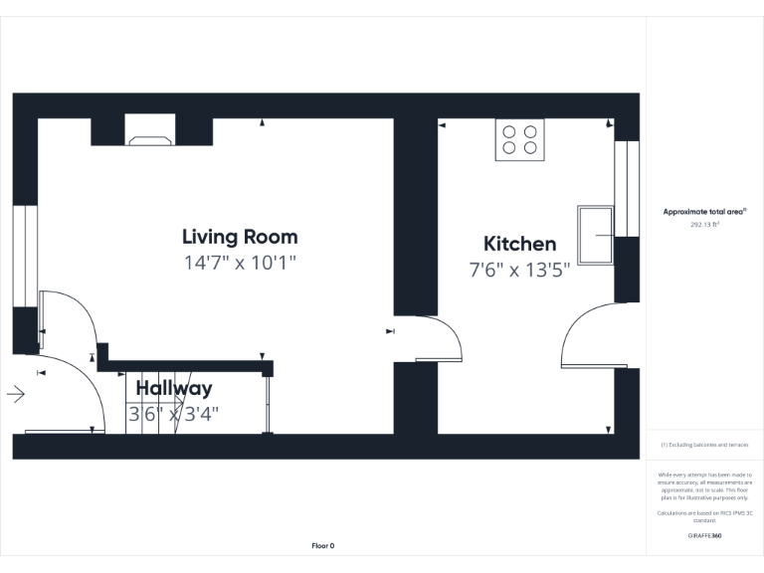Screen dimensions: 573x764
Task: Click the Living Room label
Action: coord(240,237)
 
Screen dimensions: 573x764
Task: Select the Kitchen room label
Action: coord(519,244)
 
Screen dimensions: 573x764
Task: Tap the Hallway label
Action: coord(174,388)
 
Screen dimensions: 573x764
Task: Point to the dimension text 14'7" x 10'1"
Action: coord(240,264)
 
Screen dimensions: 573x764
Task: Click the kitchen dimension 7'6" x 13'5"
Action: coord(519,270)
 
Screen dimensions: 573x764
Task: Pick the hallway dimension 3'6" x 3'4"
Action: coord(174,414)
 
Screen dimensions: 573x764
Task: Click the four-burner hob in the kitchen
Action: coord(519,140)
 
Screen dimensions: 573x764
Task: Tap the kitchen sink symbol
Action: coord(596,236)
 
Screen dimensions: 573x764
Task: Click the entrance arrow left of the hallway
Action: coord(16,395)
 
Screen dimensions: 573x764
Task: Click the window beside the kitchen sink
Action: coord(626,189)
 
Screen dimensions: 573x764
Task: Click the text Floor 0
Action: coord(323,546)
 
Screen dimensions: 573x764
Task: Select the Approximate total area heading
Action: coord(704,212)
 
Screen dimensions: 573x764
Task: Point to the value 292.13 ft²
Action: coord(704,225)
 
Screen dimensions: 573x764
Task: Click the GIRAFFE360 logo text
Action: coord(704,535)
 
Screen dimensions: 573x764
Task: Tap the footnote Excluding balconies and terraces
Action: coord(704,445)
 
